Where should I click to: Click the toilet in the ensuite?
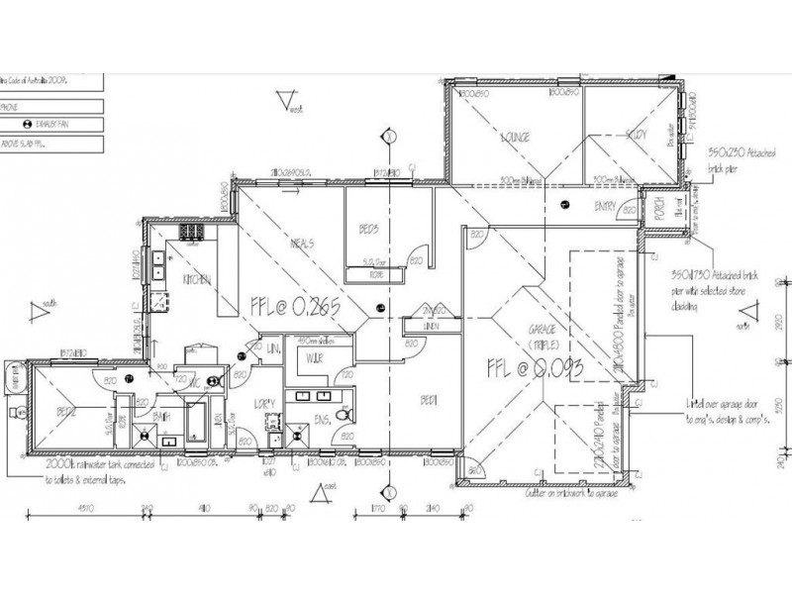(343, 419)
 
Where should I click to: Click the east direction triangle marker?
(319, 493)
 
